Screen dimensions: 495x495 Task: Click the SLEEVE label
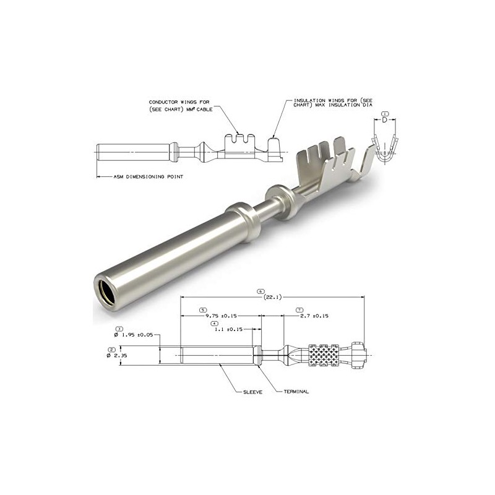[252, 392]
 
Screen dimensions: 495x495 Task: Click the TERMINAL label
[296, 392]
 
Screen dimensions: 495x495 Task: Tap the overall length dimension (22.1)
[272, 297]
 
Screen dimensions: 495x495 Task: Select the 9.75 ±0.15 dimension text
[221, 316]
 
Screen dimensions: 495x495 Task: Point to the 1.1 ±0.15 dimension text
[228, 329]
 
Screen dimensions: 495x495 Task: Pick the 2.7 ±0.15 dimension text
[314, 316]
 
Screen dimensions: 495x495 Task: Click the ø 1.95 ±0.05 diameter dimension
[134, 335]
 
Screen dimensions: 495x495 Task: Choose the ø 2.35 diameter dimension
[117, 355]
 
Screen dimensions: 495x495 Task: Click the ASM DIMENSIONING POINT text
[148, 177]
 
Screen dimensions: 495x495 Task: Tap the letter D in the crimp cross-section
[384, 120]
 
